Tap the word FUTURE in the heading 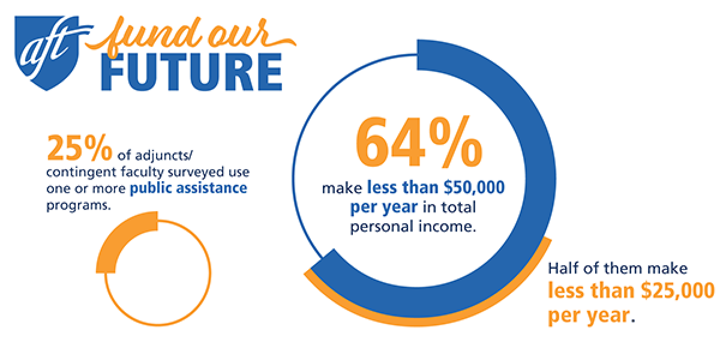pyautogui.click(x=192, y=73)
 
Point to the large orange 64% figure pyautogui.click(x=419, y=142)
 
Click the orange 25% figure pyautogui.click(x=80, y=148)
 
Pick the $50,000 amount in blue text pyautogui.click(x=474, y=187)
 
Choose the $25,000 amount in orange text pyautogui.click(x=677, y=290)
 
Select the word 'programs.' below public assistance pyautogui.click(x=79, y=206)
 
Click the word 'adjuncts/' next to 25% pyautogui.click(x=164, y=156)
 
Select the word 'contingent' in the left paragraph pyautogui.click(x=82, y=173)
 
